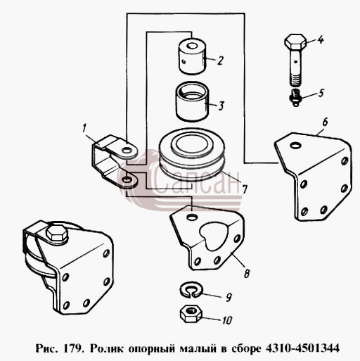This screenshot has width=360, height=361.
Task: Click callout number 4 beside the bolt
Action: click(x=321, y=39)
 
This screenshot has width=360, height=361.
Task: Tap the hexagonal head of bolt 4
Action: click(x=295, y=42)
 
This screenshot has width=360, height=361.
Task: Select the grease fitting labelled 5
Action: click(x=296, y=97)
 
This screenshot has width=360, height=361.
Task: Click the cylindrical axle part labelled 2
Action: click(x=193, y=56)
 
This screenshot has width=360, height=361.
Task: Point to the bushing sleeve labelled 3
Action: click(x=193, y=101)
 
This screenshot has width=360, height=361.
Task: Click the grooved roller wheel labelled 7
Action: click(x=192, y=156)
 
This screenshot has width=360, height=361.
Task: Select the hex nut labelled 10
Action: click(x=191, y=314)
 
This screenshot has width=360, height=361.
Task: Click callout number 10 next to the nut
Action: click(x=226, y=320)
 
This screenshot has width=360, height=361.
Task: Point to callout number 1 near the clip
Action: click(x=84, y=129)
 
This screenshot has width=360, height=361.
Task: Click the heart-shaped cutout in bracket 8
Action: click(x=213, y=236)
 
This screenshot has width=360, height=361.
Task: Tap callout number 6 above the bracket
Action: click(x=325, y=122)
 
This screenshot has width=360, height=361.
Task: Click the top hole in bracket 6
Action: click(x=295, y=146)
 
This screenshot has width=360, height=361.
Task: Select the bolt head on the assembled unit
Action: click(x=57, y=234)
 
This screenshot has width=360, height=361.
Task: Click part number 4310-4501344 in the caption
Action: click(x=302, y=348)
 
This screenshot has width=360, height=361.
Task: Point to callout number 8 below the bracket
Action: click(x=247, y=273)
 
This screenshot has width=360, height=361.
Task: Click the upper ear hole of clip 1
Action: click(x=127, y=149)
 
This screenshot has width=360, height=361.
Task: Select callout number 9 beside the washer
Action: click(x=229, y=297)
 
